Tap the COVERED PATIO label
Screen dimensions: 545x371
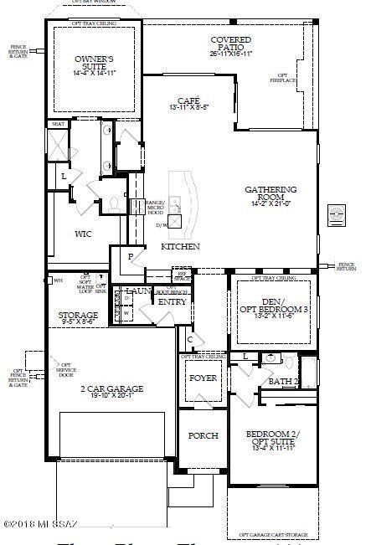click(232, 46)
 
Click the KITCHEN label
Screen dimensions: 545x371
click(180, 247)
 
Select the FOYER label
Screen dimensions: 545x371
click(202, 378)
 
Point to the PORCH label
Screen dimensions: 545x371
click(202, 436)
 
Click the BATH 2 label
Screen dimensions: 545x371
click(285, 382)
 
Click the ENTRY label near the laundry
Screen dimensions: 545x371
click(173, 302)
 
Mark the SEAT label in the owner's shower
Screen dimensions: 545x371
click(59, 124)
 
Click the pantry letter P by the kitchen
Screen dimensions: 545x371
click(130, 257)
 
